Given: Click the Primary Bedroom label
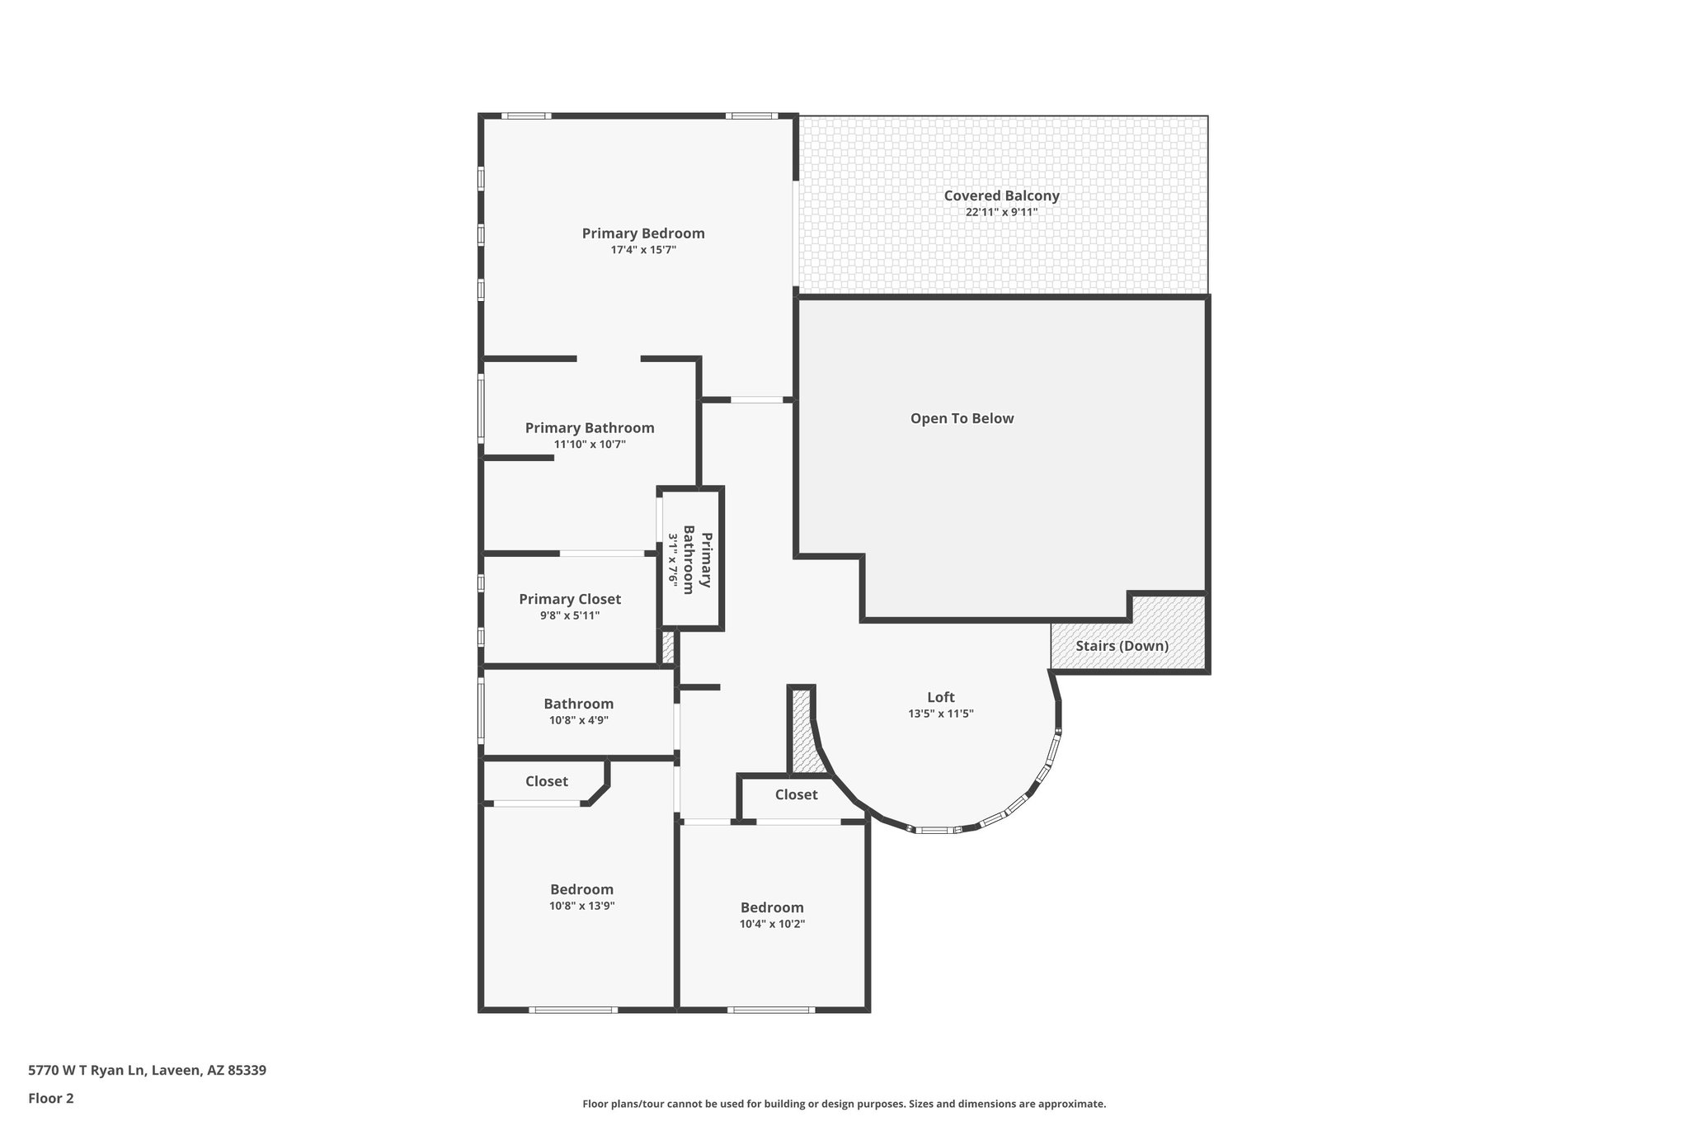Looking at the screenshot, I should tap(643, 233).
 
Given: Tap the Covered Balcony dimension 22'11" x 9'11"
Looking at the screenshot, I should tap(1001, 212).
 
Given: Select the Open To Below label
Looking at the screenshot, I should tap(962, 418).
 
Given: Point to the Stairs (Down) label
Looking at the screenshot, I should tap(1122, 646).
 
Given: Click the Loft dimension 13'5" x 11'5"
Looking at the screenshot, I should tap(940, 714).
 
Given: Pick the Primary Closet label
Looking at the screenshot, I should tap(569, 599).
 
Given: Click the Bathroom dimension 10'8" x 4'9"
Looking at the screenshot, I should tap(578, 720).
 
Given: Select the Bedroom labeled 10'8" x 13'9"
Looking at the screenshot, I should tap(581, 889).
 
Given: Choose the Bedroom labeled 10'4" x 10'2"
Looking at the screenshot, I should tap(771, 907).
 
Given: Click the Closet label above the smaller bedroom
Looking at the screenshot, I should tap(796, 794).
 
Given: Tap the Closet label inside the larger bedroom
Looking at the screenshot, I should tap(546, 781).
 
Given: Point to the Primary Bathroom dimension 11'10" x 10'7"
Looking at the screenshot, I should tap(590, 444).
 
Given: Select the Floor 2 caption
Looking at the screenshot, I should tap(51, 1098).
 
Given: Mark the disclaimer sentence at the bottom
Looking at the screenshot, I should tap(844, 1104).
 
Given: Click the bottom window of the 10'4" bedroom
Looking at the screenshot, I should tap(771, 1010).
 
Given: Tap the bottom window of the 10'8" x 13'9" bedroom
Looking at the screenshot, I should tap(572, 1010).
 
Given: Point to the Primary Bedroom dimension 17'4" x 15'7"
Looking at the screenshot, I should tap(643, 249).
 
